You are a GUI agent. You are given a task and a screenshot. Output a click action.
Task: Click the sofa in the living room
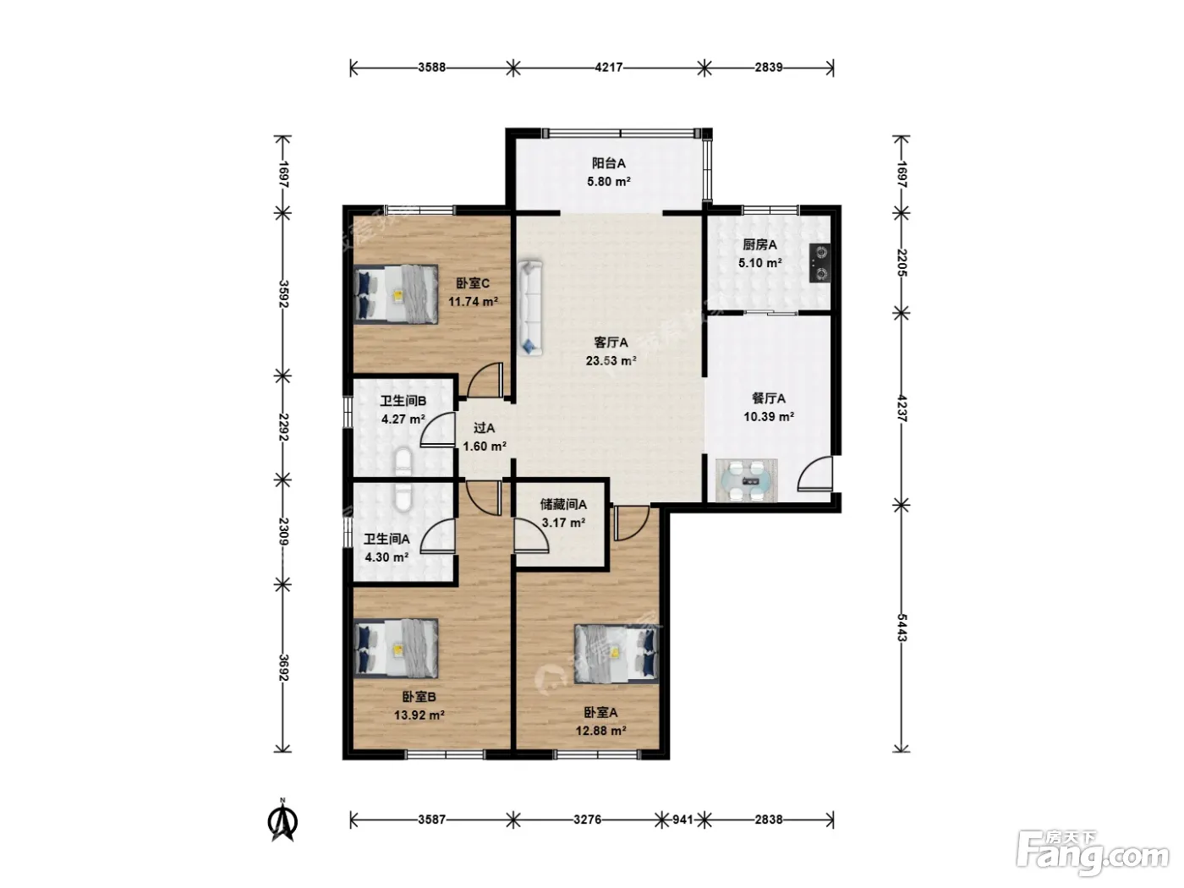[529, 308]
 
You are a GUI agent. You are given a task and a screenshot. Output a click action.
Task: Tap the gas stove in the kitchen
[819, 263]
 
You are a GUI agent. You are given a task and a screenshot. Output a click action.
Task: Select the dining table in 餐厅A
[747, 480]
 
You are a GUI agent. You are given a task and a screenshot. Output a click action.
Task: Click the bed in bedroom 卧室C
[396, 294]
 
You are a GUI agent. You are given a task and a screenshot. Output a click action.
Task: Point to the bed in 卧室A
[617, 654]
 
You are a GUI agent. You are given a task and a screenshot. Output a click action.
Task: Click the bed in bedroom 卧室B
[396, 649]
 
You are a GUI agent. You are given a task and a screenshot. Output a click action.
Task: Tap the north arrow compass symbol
[282, 822]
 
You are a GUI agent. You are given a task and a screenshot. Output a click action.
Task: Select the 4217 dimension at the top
[608, 68]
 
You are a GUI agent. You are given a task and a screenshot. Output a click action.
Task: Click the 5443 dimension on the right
[902, 628]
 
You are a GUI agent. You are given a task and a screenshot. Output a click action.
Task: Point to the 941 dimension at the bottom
[682, 819]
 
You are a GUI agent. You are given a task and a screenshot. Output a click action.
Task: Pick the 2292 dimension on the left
[283, 427]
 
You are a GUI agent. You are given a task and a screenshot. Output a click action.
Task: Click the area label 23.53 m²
[611, 361]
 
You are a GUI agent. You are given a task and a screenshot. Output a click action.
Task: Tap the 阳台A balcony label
[608, 163]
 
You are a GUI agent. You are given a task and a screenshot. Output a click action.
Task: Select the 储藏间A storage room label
[563, 505]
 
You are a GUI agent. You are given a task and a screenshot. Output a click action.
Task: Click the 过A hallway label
[484, 428]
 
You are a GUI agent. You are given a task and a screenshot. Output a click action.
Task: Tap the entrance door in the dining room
[815, 474]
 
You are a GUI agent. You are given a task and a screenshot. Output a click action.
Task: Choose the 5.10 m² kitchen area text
[760, 263]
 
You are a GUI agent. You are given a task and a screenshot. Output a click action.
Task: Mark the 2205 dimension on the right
[902, 262]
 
